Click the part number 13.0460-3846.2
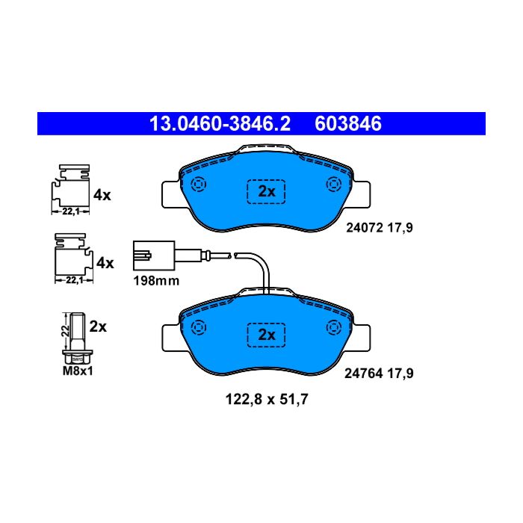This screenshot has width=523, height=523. point(220,124)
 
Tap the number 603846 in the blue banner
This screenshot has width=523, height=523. point(348,124)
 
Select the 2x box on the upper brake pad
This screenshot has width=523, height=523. point(266,191)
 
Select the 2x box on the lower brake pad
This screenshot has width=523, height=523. point(266,335)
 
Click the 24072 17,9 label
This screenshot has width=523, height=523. point(380,228)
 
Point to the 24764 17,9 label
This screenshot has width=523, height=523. point(379,374)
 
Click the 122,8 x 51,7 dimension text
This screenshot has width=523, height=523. point(267,399)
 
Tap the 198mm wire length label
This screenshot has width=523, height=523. point(156,281)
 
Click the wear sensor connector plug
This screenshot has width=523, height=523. point(154,256)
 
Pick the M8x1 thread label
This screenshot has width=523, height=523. point(78,371)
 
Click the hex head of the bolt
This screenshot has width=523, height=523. point(78,357)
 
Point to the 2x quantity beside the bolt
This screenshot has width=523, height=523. point(98,327)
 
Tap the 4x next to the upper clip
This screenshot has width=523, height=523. point(102,195)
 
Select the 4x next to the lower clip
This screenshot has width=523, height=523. point(105,263)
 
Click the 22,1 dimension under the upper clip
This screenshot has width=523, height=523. point(71,211)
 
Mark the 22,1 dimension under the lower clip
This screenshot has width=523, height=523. point(74,280)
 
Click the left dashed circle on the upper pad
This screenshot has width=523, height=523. point(199,184)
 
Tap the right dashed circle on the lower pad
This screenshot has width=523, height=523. point(333,327)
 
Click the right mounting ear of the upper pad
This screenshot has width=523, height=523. point(362,194)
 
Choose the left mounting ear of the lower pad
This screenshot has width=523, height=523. point(171,338)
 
